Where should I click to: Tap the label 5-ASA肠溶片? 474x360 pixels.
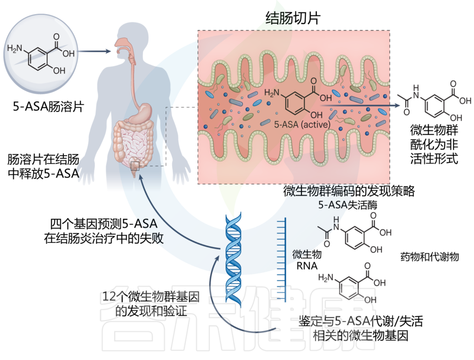point(48,107)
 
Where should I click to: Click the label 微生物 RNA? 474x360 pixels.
point(307,260)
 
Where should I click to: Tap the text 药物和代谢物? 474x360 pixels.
point(429,256)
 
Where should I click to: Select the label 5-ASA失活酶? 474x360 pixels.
point(348,205)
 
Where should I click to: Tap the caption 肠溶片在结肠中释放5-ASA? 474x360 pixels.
point(43,167)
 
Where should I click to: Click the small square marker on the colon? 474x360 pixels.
point(136,166)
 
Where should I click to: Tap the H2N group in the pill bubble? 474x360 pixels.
point(15,49)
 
